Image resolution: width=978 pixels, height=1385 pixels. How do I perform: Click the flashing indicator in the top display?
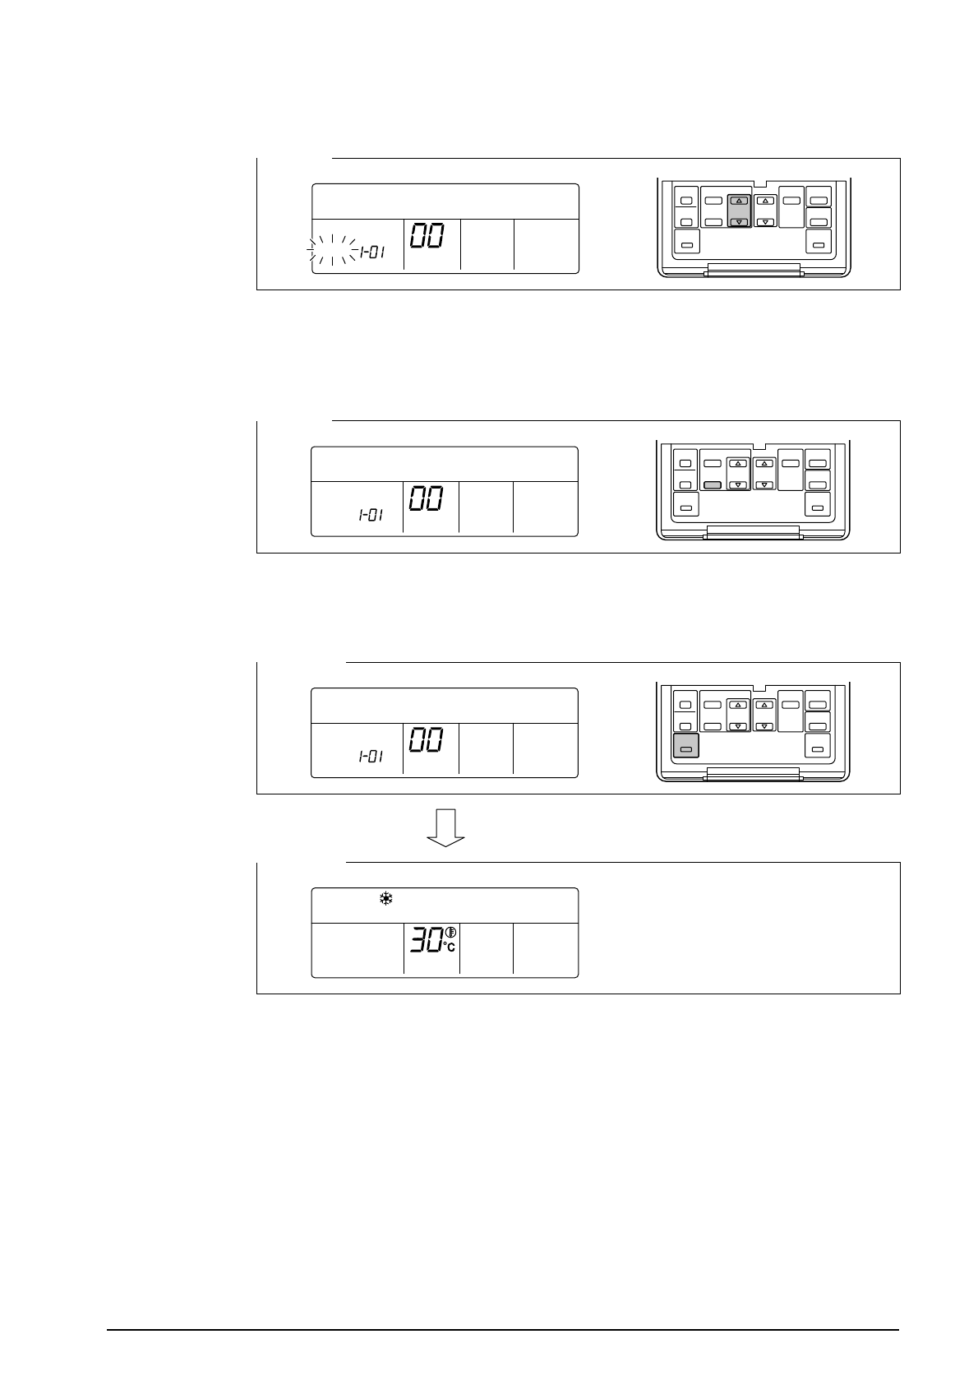(332, 250)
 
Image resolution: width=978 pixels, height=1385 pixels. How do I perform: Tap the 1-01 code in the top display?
(371, 252)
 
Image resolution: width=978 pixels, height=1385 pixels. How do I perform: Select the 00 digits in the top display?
(427, 236)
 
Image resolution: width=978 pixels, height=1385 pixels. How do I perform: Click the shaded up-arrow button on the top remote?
(739, 201)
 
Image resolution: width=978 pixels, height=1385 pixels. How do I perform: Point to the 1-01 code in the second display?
(371, 516)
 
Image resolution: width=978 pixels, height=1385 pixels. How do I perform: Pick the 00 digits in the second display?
(427, 498)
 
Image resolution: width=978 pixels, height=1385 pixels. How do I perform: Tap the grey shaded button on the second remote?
(713, 485)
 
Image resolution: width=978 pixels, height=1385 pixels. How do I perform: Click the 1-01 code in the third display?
(371, 757)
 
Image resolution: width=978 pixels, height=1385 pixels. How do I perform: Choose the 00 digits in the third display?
(427, 740)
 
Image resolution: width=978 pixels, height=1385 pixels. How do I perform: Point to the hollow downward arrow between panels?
(445, 827)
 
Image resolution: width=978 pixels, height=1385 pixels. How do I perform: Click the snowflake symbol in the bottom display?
(385, 900)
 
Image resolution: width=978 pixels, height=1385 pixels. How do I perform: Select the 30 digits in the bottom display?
(427, 940)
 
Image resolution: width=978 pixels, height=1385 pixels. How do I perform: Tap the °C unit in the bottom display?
(450, 947)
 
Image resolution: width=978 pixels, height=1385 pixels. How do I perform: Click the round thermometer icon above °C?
(450, 932)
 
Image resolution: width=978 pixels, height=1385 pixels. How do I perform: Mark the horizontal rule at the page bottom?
(503, 1329)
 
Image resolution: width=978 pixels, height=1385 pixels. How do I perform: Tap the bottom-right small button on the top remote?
(819, 244)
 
